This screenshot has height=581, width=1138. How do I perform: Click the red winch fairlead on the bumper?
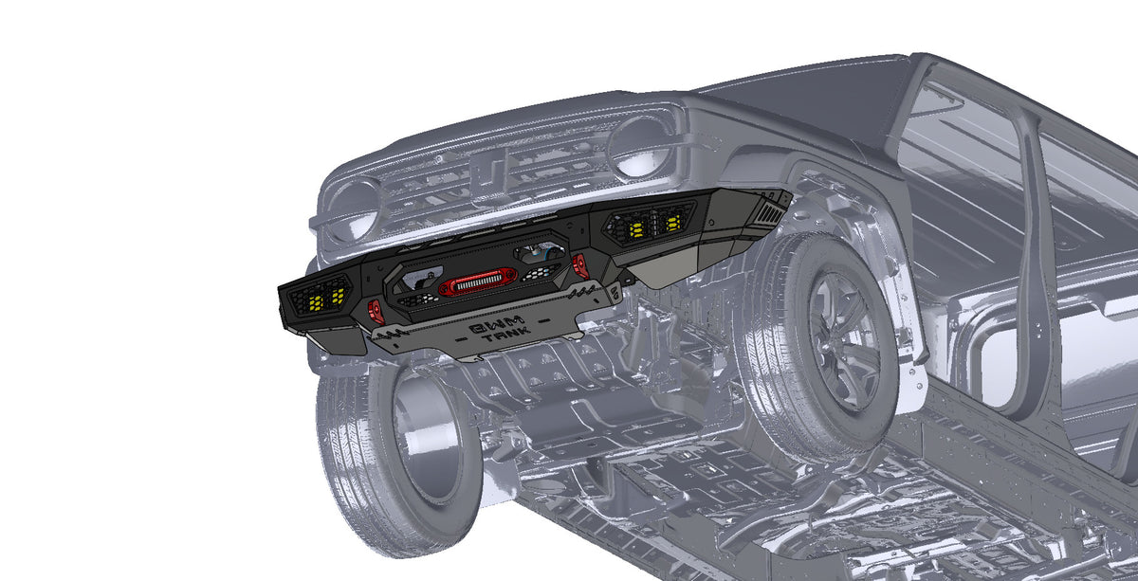[x=478, y=282]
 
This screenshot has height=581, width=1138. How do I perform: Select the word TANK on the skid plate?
[x=506, y=335]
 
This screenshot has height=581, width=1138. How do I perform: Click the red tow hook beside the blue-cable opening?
[x=579, y=265]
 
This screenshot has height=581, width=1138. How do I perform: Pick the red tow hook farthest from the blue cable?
[x=376, y=311]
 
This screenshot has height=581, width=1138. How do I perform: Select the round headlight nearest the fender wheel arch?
[x=641, y=146]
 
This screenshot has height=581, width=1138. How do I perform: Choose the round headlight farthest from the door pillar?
[x=352, y=209]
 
